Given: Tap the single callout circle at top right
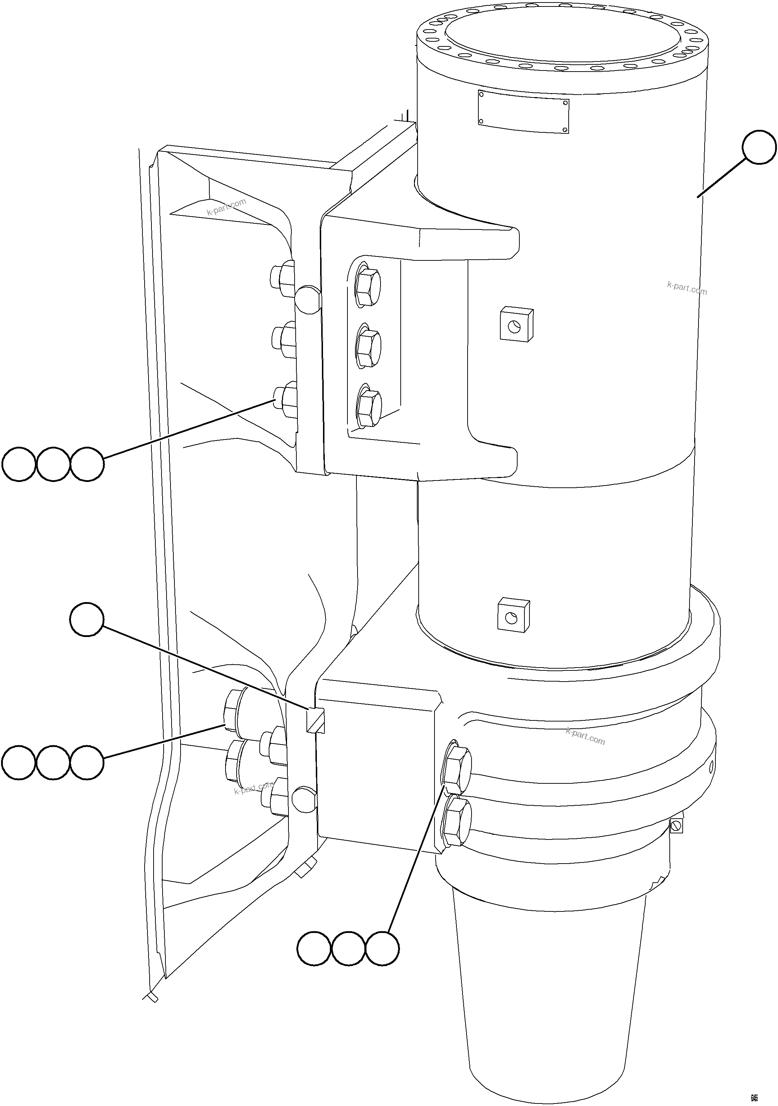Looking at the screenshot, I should point(759,147).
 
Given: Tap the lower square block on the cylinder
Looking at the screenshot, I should point(514,615).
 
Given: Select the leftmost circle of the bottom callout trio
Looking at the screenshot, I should point(314,948).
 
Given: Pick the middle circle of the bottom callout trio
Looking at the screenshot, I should point(348,948).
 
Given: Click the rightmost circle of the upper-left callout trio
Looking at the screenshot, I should point(87,464).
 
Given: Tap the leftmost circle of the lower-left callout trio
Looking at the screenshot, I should point(19,762).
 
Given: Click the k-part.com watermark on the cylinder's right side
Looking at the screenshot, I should point(687,288).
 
